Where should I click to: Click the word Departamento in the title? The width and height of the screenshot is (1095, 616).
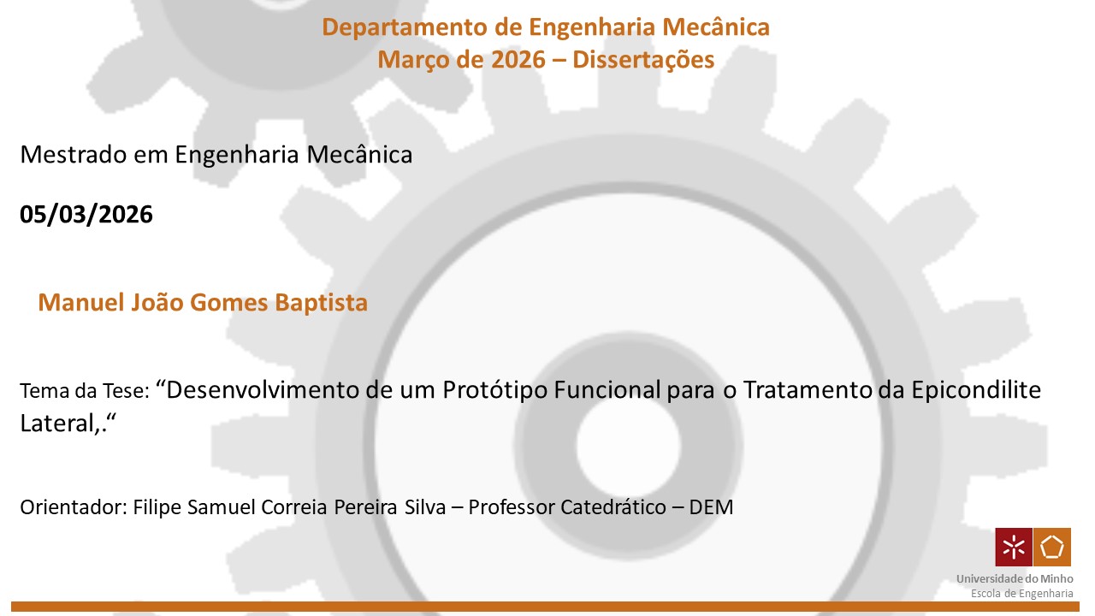coord(405,27)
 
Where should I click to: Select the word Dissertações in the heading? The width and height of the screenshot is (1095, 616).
coord(643,60)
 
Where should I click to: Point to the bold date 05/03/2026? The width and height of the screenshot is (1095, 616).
coord(86,214)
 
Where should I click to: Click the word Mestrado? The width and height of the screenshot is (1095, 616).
coord(74,155)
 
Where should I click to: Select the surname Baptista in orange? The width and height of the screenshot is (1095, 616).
coord(321,303)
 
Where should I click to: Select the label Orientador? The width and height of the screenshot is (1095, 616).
coord(74,507)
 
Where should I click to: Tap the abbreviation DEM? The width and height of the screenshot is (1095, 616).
coord(711,507)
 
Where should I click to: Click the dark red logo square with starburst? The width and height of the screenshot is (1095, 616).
coord(1014,547)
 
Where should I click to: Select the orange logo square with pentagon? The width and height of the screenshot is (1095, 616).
coord(1052,547)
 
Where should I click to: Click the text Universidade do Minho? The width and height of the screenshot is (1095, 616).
coord(1015,579)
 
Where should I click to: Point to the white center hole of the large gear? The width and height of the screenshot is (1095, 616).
coord(628,446)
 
